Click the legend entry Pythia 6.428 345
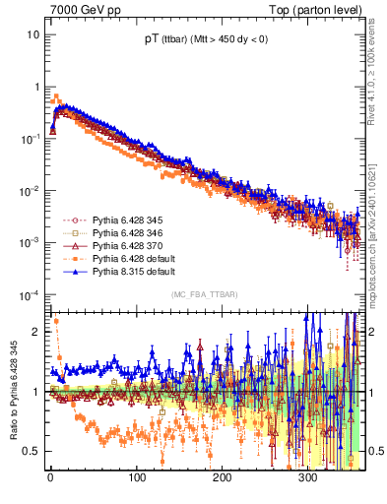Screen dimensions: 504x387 pyautogui.click(x=111, y=220)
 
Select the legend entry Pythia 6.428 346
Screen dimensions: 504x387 pyautogui.click(x=111, y=233)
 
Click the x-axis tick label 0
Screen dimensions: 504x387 pyautogui.click(x=50, y=479)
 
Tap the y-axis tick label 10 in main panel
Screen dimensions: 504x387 pyautogui.click(x=33, y=34)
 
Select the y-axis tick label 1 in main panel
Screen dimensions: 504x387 pyautogui.click(x=36, y=87)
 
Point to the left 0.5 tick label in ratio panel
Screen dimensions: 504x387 pyautogui.click(x=32, y=451)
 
